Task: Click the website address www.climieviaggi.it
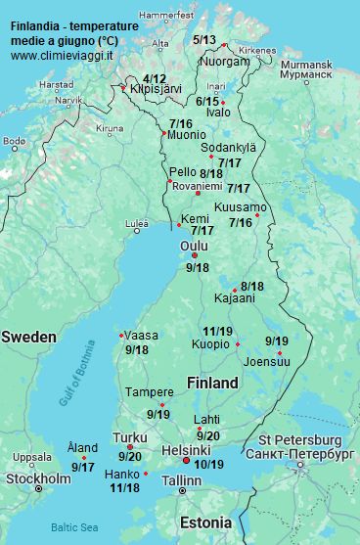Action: coord(62,56)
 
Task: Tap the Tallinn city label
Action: coord(181,480)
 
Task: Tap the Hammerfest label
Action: coord(166,16)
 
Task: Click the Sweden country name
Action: coord(29,337)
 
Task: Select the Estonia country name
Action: coord(204,521)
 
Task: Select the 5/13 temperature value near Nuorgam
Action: coord(204,40)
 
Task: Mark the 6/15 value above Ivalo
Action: coord(207,101)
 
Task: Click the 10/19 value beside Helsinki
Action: coord(208,464)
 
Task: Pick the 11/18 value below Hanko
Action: coord(124,487)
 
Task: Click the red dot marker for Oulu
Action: coord(195,255)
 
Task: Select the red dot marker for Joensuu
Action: coord(279,352)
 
